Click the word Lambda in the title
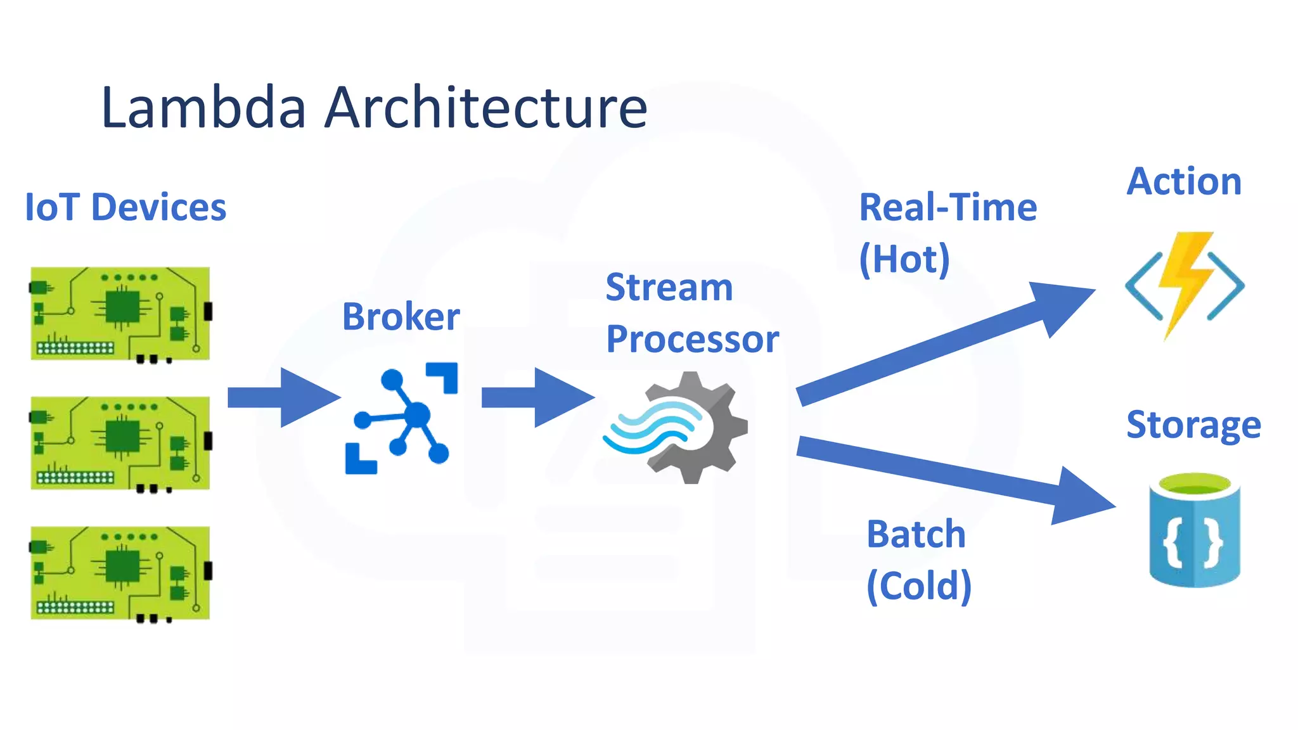pyautogui.click(x=204, y=107)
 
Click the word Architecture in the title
pyautogui.click(x=486, y=107)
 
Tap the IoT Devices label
pyautogui.click(x=125, y=207)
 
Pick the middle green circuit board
pyautogui.click(x=120, y=444)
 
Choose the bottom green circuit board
pyautogui.click(x=120, y=573)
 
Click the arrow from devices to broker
pyautogui.click(x=284, y=397)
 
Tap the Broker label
pyautogui.click(x=401, y=316)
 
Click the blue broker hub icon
pyautogui.click(x=401, y=418)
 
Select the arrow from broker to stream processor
pyautogui.click(x=538, y=397)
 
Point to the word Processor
pyautogui.click(x=692, y=339)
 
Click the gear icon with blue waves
pyautogui.click(x=678, y=428)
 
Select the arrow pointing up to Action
pyautogui.click(x=944, y=345)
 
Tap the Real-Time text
pyautogui.click(x=948, y=207)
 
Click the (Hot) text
pyautogui.click(x=904, y=259)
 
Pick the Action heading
pyautogui.click(x=1183, y=181)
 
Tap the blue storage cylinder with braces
pyautogui.click(x=1194, y=530)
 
